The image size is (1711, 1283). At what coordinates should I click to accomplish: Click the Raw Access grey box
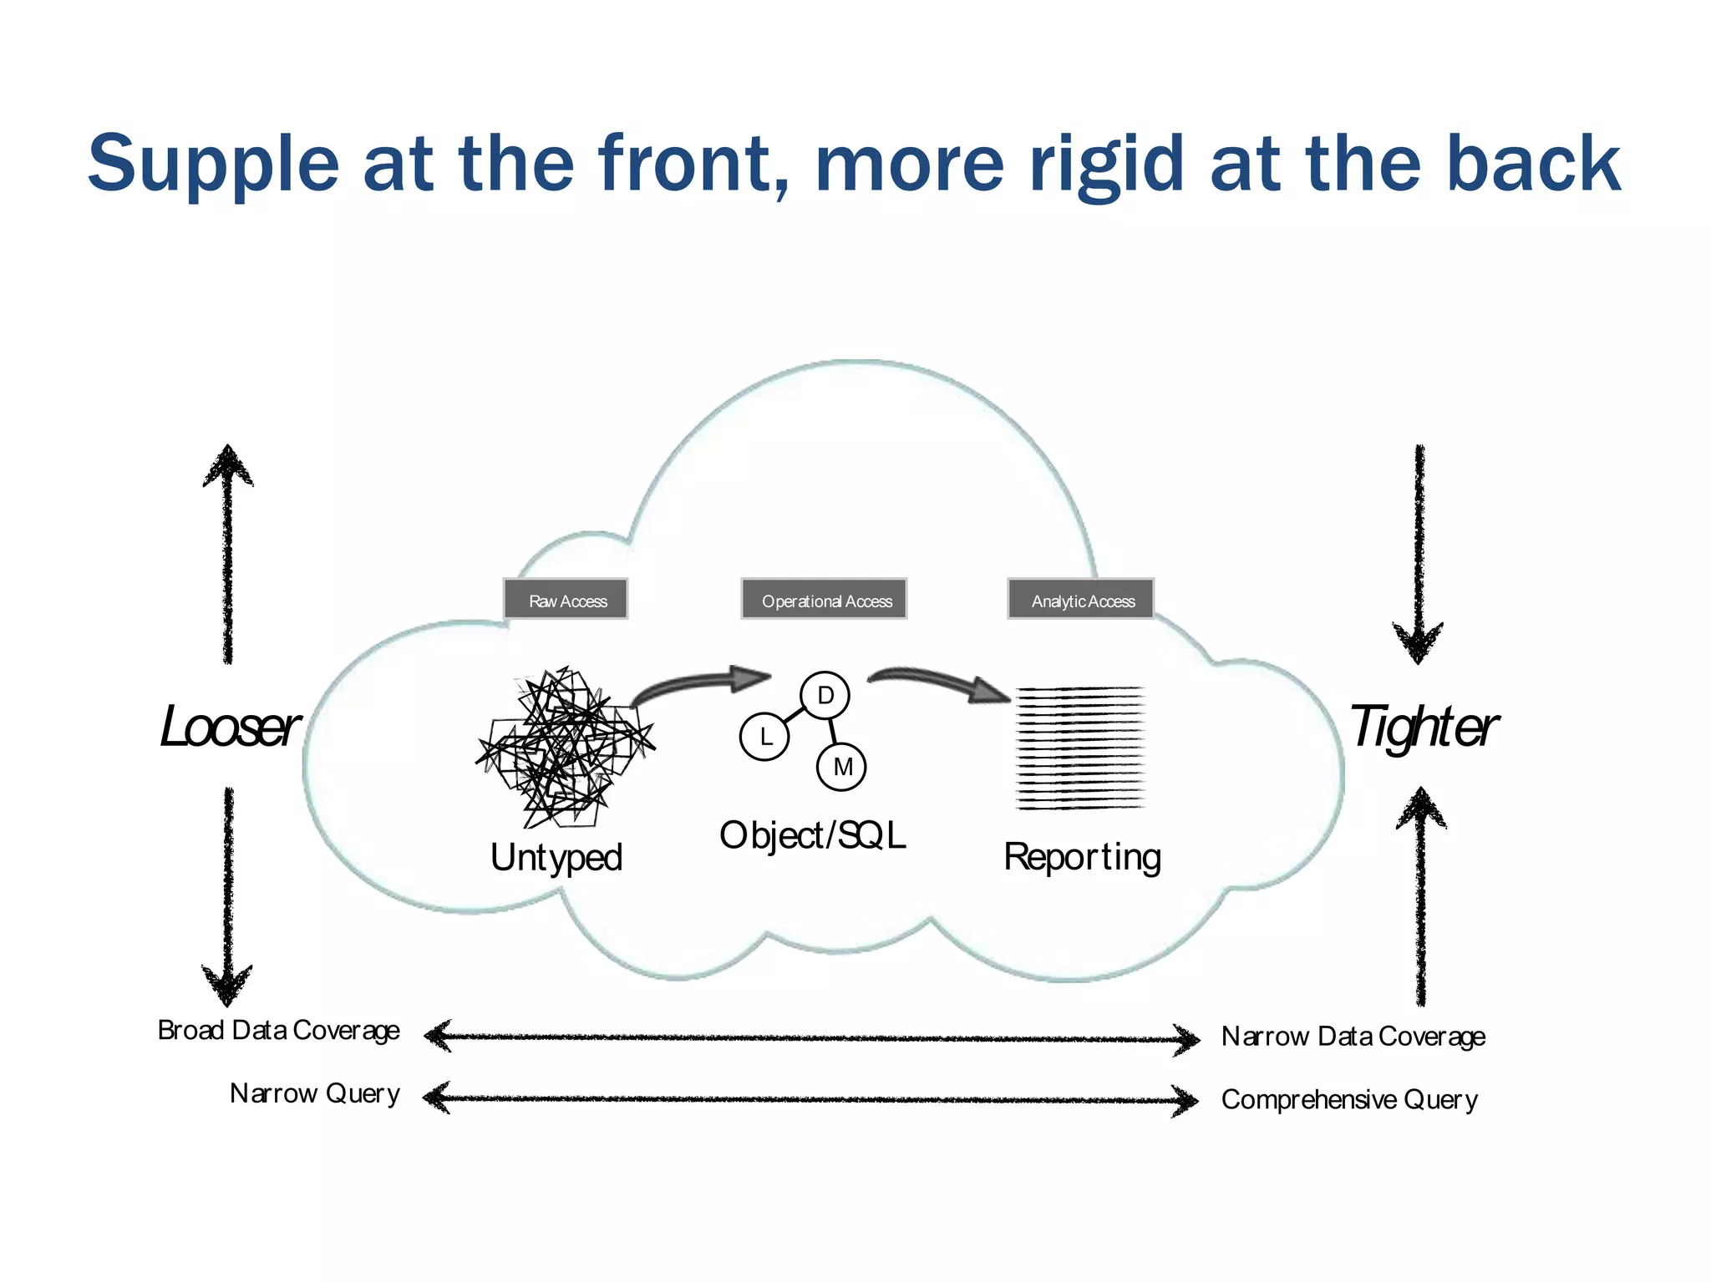pyautogui.click(x=566, y=600)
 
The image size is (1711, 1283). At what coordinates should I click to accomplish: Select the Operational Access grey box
pyautogui.click(x=825, y=600)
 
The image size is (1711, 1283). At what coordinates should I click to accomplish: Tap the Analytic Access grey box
pyautogui.click(x=1081, y=600)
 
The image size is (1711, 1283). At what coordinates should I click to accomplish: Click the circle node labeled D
pyautogui.click(x=825, y=695)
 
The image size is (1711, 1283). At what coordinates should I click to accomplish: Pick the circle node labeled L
pyautogui.click(x=764, y=737)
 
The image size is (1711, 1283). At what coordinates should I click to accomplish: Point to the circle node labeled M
pyautogui.click(x=841, y=767)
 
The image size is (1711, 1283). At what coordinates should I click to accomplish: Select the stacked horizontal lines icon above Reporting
pyautogui.click(x=1079, y=748)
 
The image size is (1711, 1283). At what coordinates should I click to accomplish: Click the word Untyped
pyautogui.click(x=556, y=858)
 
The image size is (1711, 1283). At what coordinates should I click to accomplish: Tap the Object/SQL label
pyautogui.click(x=812, y=835)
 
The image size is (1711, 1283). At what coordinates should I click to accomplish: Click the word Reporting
pyautogui.click(x=1082, y=858)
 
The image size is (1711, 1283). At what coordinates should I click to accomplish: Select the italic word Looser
pyautogui.click(x=229, y=727)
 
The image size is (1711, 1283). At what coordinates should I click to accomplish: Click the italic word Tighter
pyautogui.click(x=1423, y=727)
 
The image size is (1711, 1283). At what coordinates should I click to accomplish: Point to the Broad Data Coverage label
pyautogui.click(x=278, y=1031)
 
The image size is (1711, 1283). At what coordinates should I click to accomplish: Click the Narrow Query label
pyautogui.click(x=314, y=1093)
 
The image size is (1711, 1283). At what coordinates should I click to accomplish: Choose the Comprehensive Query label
pyautogui.click(x=1349, y=1099)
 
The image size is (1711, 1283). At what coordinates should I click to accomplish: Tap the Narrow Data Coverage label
pyautogui.click(x=1353, y=1037)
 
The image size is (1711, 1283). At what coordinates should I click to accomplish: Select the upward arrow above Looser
pyautogui.click(x=228, y=551)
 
